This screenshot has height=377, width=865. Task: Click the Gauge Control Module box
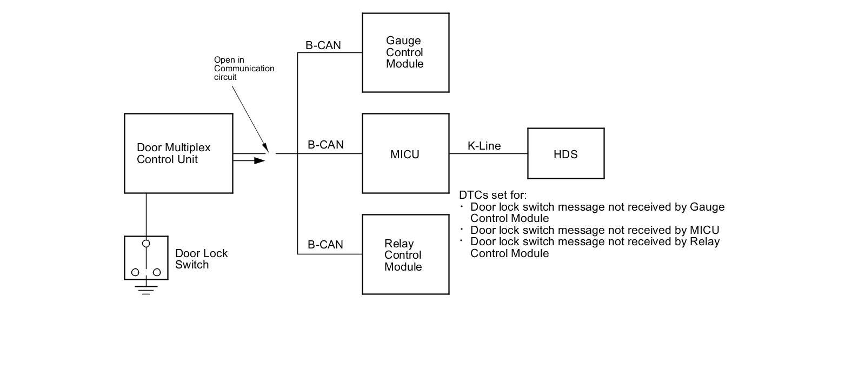tap(405, 52)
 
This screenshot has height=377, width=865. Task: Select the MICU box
tap(405, 153)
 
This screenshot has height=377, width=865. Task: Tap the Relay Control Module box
tap(405, 254)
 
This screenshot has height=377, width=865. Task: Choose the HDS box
tap(565, 153)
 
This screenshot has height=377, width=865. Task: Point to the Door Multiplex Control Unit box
tap(178, 153)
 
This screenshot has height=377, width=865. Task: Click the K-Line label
tap(484, 146)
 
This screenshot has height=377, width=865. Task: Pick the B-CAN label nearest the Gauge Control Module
tap(323, 45)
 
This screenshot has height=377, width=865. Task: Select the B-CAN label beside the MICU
tap(325, 145)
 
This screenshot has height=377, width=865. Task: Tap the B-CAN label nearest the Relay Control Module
tap(325, 245)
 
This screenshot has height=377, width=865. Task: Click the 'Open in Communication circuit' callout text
tap(244, 69)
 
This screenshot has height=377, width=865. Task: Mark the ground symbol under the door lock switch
tap(146, 290)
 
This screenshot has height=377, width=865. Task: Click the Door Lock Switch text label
tap(201, 259)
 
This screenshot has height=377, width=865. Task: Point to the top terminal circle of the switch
tap(146, 244)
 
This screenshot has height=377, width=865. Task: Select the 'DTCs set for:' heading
tap(493, 195)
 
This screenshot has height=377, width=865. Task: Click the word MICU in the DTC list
tap(704, 230)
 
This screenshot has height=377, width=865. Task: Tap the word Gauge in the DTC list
tap(707, 207)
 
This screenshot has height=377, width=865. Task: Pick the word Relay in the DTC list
tap(705, 241)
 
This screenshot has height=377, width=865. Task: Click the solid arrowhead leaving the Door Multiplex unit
tap(259, 160)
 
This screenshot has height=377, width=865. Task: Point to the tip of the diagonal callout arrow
tap(267, 151)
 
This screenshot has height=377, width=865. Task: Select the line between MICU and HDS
tap(488, 154)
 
